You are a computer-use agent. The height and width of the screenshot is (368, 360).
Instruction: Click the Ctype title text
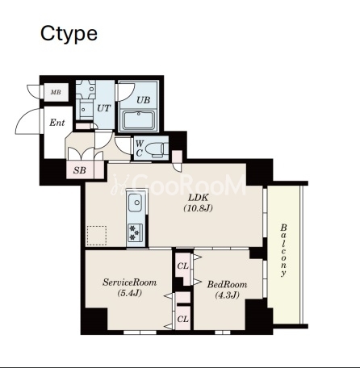pyautogui.click(x=69, y=35)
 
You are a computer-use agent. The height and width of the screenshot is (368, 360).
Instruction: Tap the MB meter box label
pyautogui.click(x=56, y=92)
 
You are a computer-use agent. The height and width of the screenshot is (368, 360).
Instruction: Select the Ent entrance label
pyautogui.click(x=57, y=123)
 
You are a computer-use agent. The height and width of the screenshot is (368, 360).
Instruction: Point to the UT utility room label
pyautogui.click(x=103, y=108)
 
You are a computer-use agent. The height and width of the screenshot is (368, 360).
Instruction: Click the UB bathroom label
pyautogui.click(x=143, y=100)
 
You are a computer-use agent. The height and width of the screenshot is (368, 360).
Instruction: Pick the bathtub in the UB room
pyautogui.click(x=139, y=120)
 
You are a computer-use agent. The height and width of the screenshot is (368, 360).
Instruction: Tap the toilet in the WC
pyautogui.click(x=157, y=149)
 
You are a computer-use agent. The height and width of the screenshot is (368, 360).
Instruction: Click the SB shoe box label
pyautogui.click(x=80, y=170)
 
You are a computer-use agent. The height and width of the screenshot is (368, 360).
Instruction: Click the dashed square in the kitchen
pyautogui.click(x=97, y=236)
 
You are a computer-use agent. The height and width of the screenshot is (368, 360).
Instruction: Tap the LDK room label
pyautogui.click(x=198, y=198)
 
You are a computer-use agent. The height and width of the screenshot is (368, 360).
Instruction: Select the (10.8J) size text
pyautogui.click(x=199, y=208)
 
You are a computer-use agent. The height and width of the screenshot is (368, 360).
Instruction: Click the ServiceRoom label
pyautogui.click(x=129, y=282)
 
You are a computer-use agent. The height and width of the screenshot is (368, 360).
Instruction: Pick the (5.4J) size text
pyautogui.click(x=129, y=293)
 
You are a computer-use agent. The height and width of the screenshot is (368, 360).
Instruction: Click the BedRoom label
pyautogui.click(x=227, y=284)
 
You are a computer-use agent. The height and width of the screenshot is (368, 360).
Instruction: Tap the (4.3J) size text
pyautogui.click(x=228, y=295)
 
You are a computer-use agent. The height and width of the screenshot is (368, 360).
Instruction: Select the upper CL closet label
pyautogui.click(x=182, y=266)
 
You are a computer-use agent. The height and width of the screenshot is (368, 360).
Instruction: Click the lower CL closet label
pyautogui.click(x=182, y=320)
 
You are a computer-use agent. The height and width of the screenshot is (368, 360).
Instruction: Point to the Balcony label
pyautogui.click(x=283, y=250)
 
